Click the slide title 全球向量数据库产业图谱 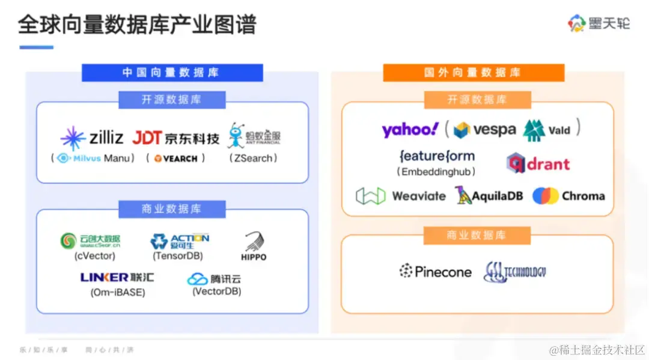137,25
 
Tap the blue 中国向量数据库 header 172,73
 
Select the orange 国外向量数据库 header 474,73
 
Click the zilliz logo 92,138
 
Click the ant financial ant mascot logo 254,136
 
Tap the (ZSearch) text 253,158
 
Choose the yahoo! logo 410,129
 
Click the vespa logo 484,130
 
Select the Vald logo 546,130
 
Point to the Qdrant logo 538,163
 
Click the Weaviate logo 400,196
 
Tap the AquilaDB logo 489,196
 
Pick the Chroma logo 568,196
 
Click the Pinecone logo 436,272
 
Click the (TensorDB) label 178,256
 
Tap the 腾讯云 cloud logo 214,279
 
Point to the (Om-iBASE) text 118,293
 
